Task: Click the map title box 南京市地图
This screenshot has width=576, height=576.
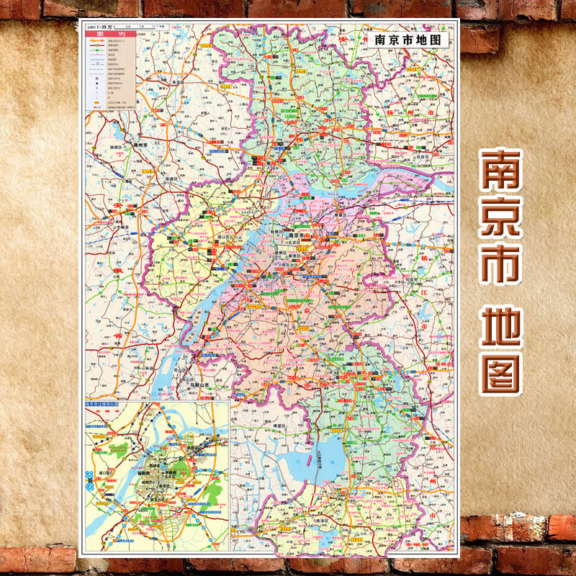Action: (408, 40)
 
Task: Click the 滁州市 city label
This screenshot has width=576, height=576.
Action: (139, 146)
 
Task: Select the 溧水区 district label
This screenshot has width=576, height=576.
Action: (374, 395)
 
